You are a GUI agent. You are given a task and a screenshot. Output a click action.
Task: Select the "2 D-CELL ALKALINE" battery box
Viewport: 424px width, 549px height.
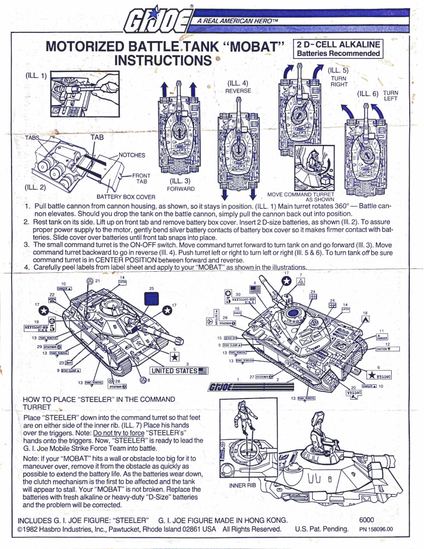pyautogui.click(x=338, y=48)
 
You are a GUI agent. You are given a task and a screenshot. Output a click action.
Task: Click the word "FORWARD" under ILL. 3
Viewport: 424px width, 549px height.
pyautogui.click(x=179, y=188)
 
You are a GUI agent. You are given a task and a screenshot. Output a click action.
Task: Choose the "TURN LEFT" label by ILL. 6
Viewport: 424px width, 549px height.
pyautogui.click(x=391, y=96)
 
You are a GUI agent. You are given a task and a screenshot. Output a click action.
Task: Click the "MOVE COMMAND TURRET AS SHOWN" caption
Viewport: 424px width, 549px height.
pyautogui.click(x=310, y=197)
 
